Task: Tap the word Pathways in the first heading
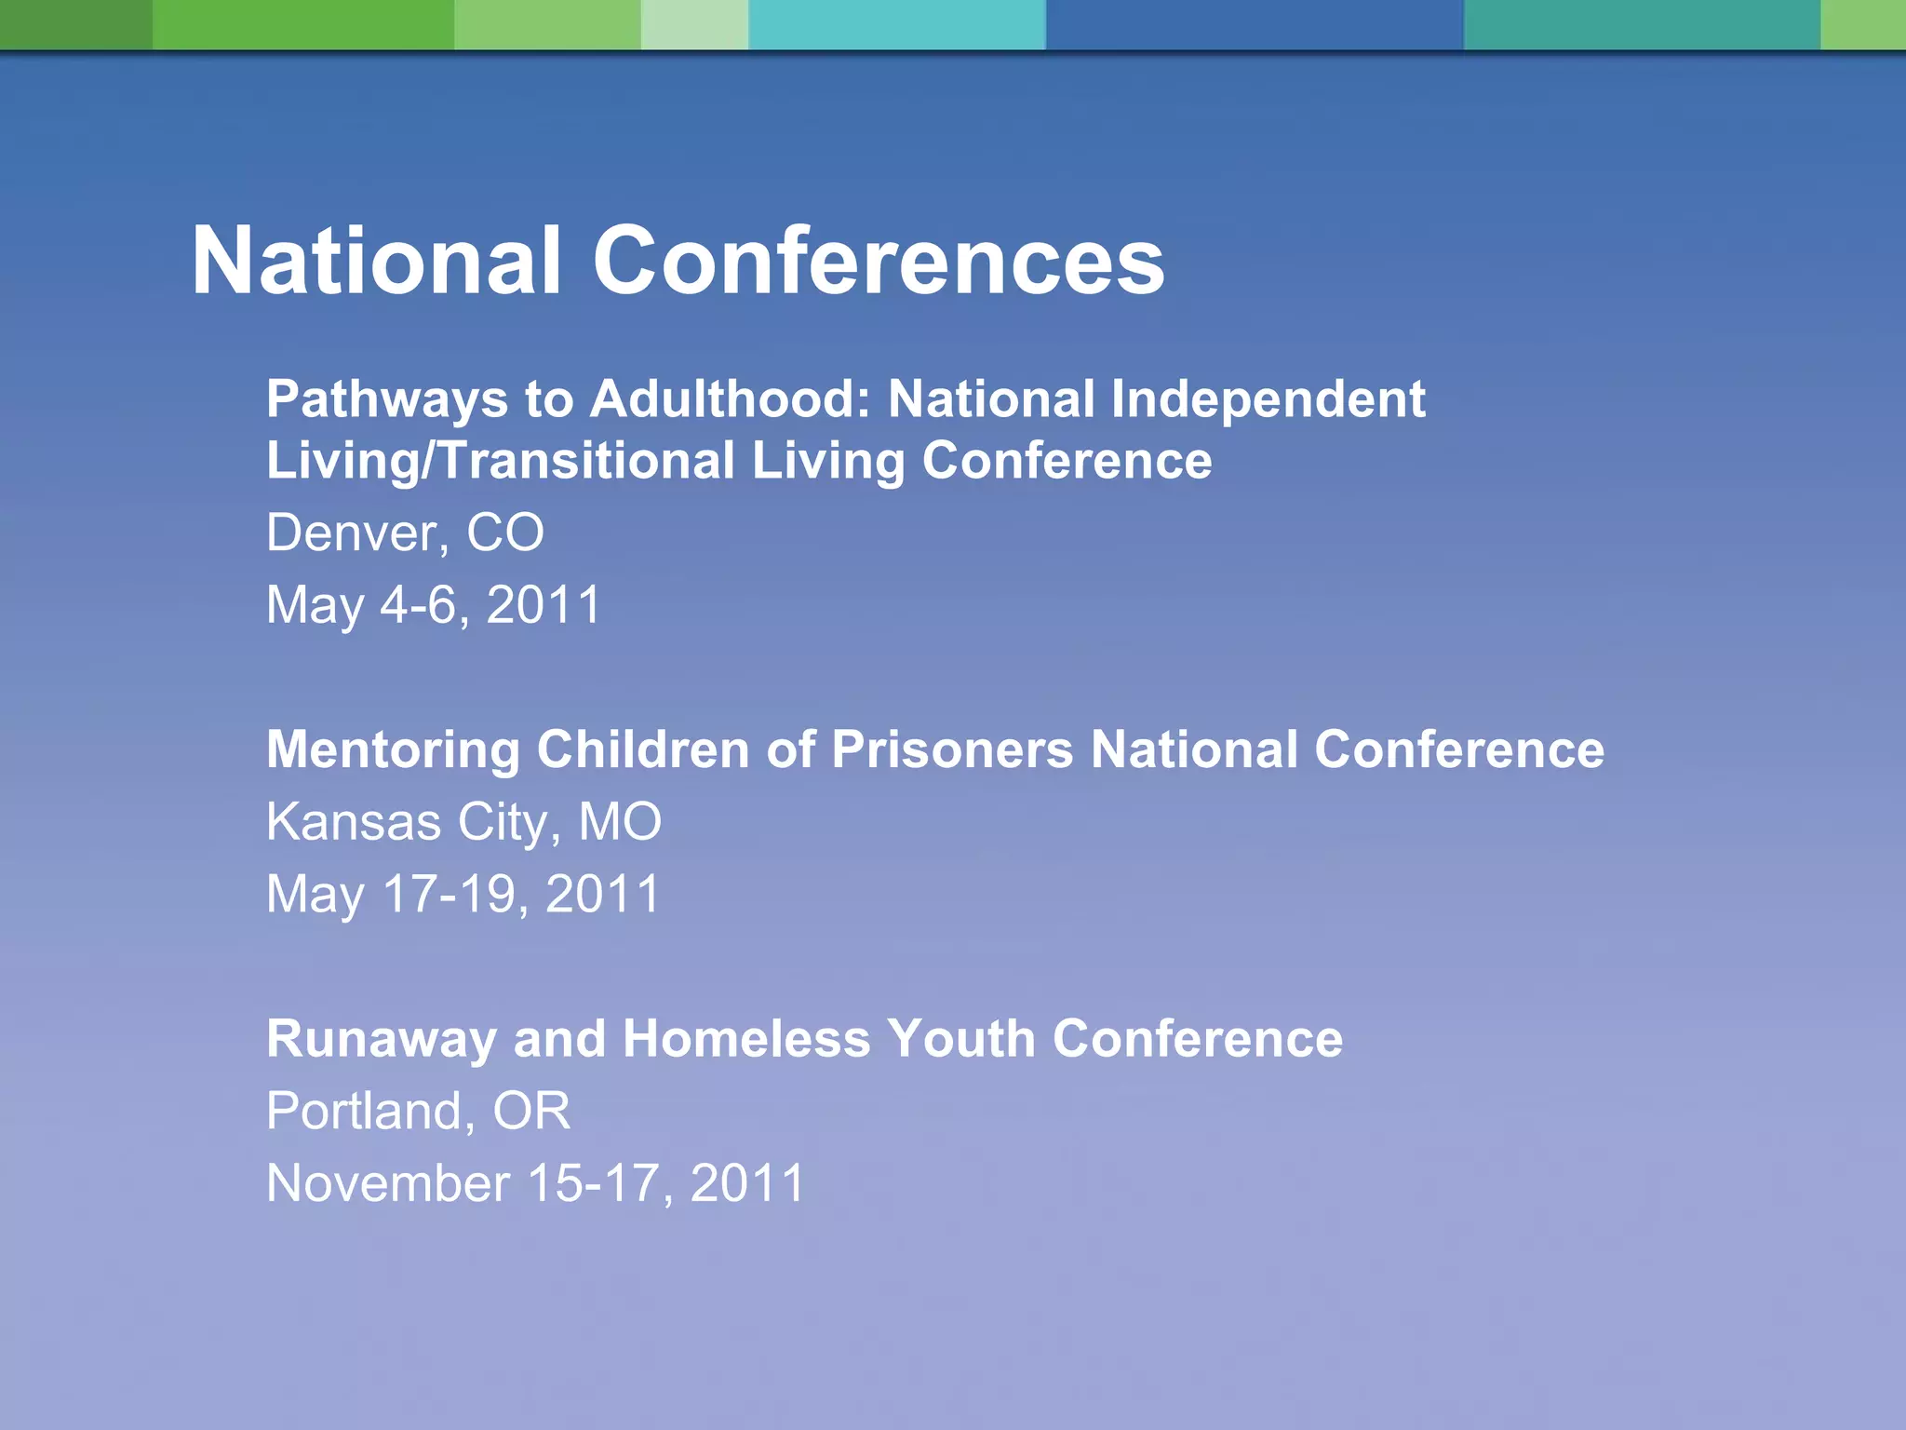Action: [x=386, y=400]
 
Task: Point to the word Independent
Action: [x=1268, y=400]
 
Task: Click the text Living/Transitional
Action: [x=501, y=462]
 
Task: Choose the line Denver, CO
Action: [x=405, y=533]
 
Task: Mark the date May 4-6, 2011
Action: [x=434, y=605]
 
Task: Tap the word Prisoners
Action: [x=952, y=749]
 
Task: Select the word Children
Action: [x=643, y=749]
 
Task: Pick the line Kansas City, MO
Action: [x=463, y=823]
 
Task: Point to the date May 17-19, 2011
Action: [x=463, y=895]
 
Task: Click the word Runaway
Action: [x=381, y=1040]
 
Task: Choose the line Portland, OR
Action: [x=418, y=1112]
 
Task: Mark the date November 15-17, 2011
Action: [x=535, y=1184]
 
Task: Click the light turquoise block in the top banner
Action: [x=896, y=24]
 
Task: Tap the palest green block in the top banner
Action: [x=694, y=24]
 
